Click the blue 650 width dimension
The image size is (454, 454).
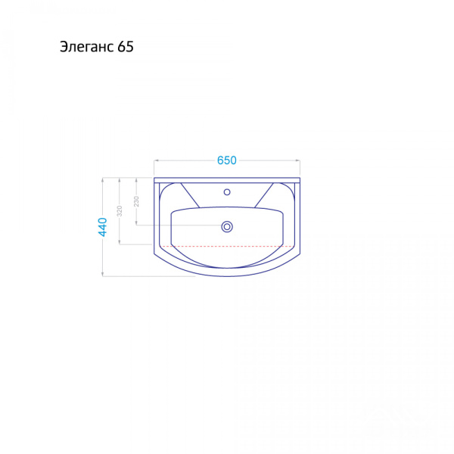coord(227,160)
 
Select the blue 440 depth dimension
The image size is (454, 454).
coord(103,227)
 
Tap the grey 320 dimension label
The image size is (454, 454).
coord(120,211)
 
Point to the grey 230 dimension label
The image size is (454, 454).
coord(136,201)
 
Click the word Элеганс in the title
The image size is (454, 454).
coord(87,47)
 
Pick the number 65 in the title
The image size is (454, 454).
coord(126,47)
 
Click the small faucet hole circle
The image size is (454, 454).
coord(227,191)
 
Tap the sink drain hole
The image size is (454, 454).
coord(227,226)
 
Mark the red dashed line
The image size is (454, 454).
coord(227,246)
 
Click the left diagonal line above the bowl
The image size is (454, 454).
coord(190,195)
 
